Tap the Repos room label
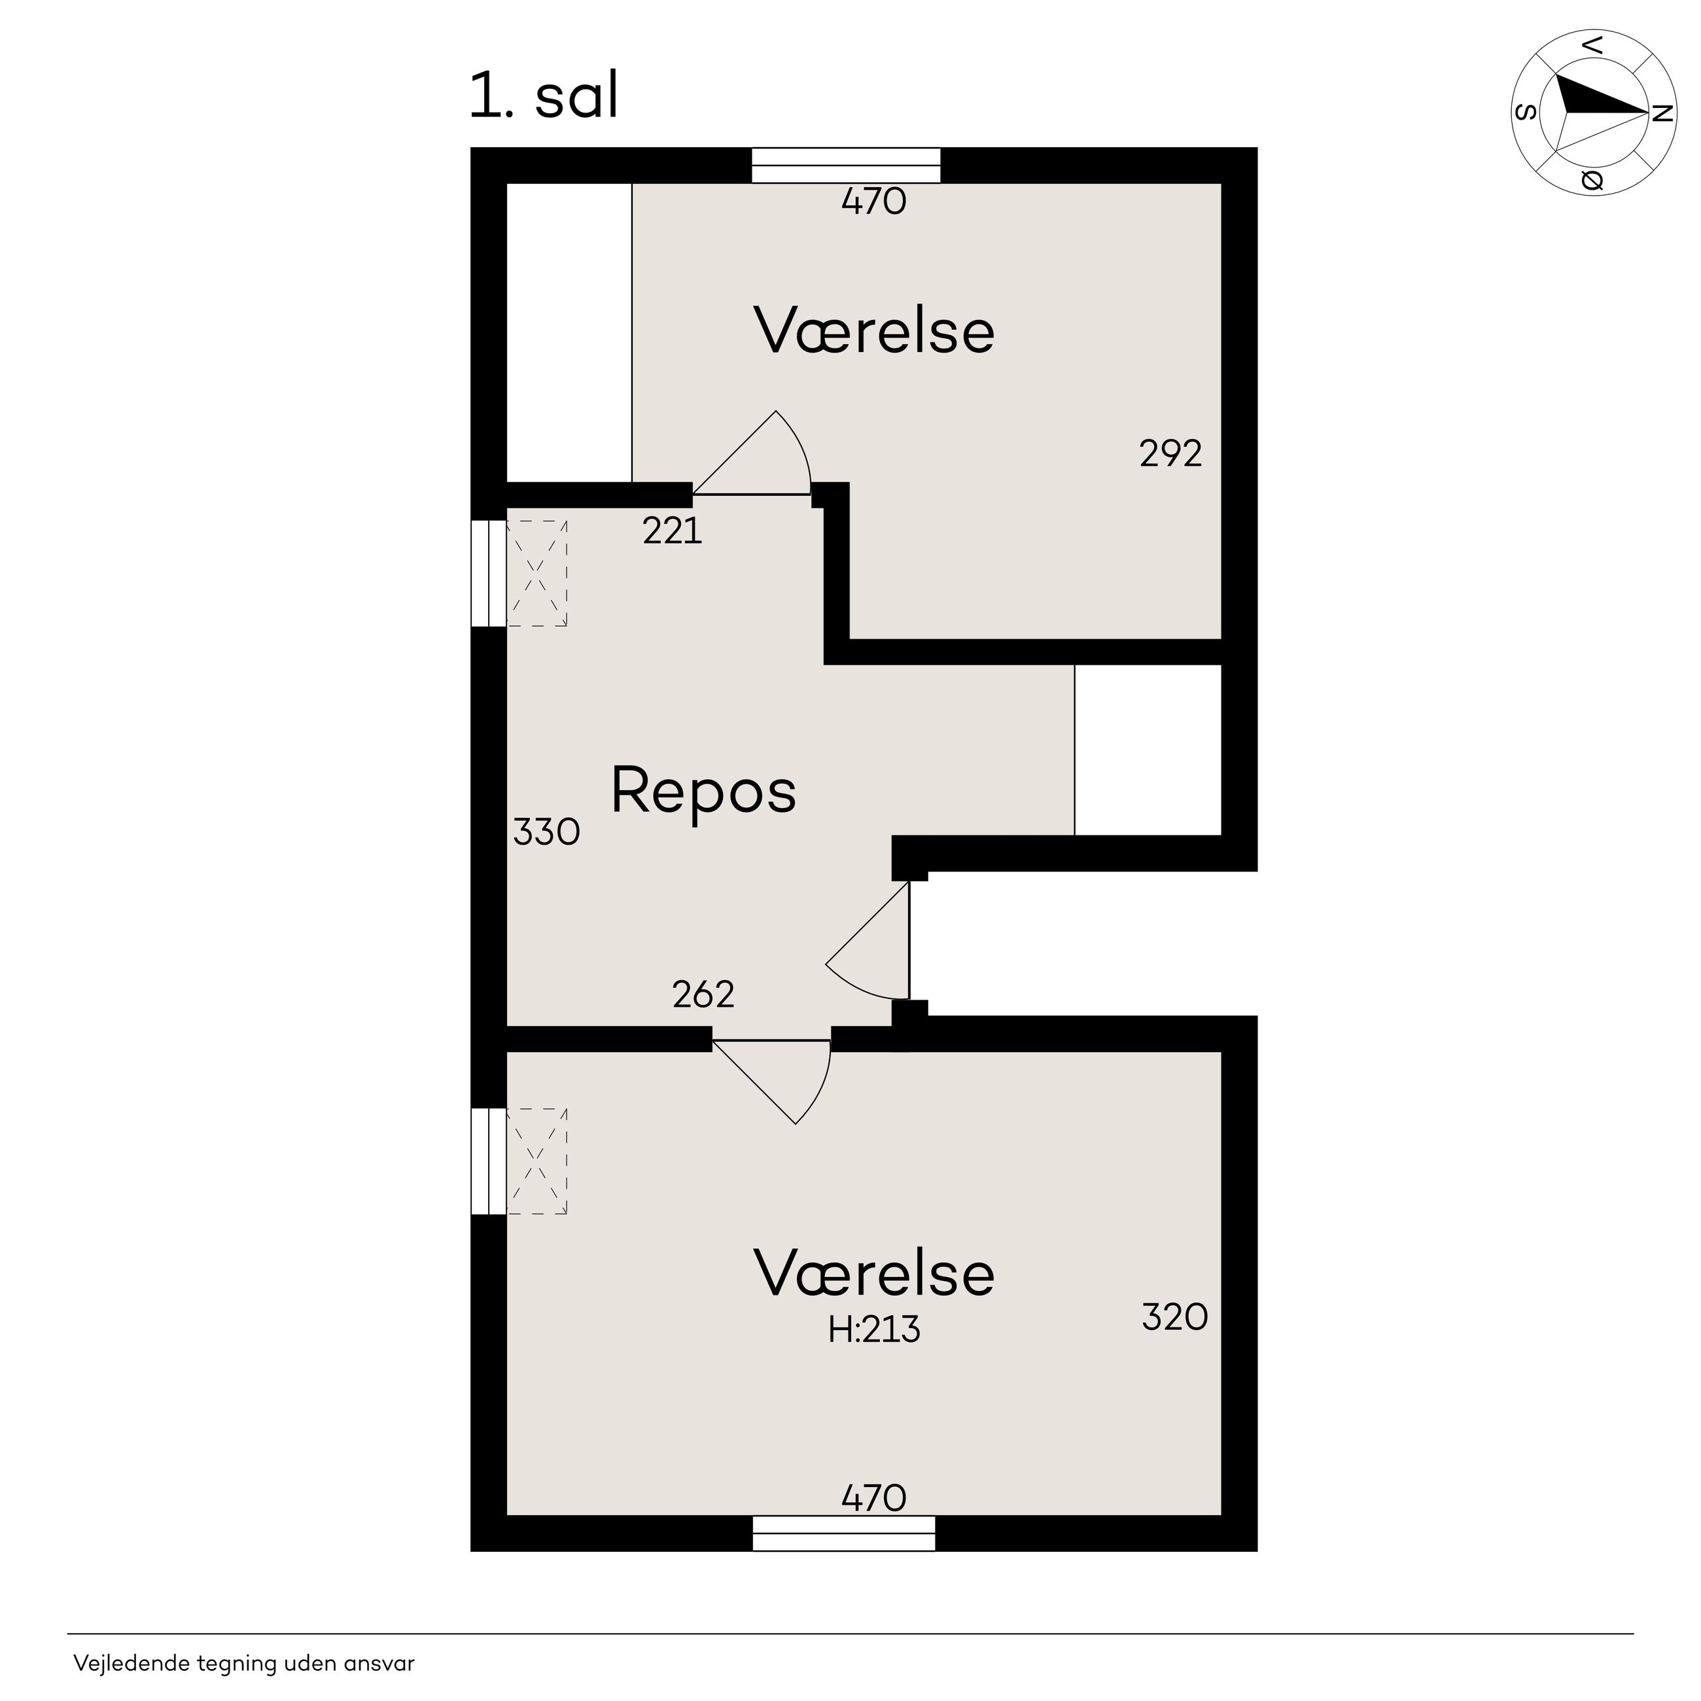pyautogui.click(x=703, y=792)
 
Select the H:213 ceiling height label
pyautogui.click(x=874, y=1329)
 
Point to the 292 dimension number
pyautogui.click(x=1170, y=454)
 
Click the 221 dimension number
pyautogui.click(x=673, y=531)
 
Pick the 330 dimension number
pyautogui.click(x=546, y=832)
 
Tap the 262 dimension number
pyautogui.click(x=703, y=995)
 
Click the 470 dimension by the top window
pyautogui.click(x=873, y=202)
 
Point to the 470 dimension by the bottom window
pyautogui.click(x=873, y=1498)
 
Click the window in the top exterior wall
pyautogui.click(x=846, y=166)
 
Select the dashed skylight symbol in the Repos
pyautogui.click(x=536, y=573)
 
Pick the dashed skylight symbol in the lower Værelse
pyautogui.click(x=536, y=1161)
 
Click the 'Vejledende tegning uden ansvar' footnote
pyautogui.click(x=244, y=1663)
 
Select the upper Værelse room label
pyautogui.click(x=874, y=331)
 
